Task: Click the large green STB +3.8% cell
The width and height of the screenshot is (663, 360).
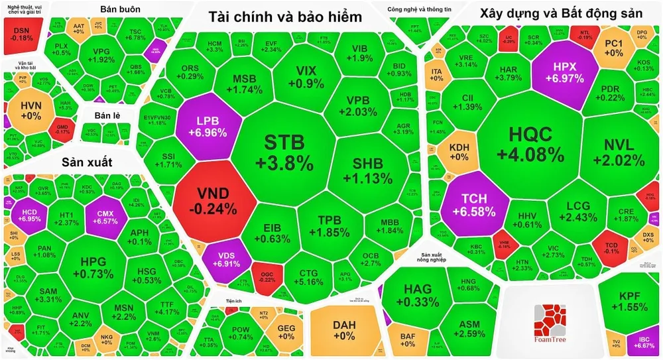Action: (x=285, y=151)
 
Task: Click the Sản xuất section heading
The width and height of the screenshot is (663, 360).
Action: (x=88, y=162)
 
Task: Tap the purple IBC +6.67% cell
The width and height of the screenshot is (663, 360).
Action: (x=642, y=341)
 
